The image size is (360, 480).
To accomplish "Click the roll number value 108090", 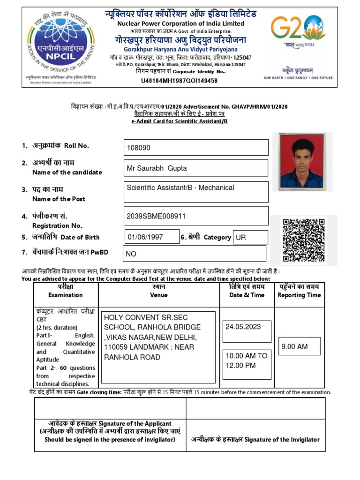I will (x=139, y=148).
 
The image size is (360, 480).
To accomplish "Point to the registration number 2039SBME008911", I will (x=156, y=216).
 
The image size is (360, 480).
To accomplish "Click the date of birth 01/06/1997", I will (x=145, y=237).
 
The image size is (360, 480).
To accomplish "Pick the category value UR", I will (x=241, y=238).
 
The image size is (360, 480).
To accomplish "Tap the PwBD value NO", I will (x=131, y=254).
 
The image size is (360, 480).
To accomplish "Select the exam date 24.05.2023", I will (x=243, y=326).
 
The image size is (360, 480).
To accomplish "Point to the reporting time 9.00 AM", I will (x=294, y=347).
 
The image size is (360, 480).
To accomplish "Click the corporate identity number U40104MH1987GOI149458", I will (x=179, y=81).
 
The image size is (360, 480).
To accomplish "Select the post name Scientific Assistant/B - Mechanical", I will (x=180, y=187).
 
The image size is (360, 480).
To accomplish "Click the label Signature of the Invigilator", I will (x=255, y=439).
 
